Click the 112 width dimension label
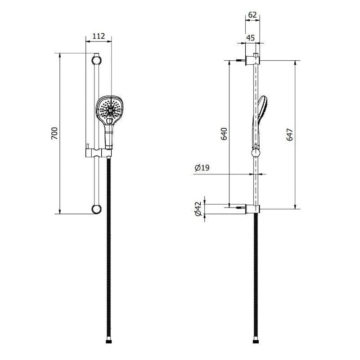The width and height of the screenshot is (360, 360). click(99, 36)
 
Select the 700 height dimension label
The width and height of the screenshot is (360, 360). click(54, 133)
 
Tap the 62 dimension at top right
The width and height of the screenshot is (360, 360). click(252, 15)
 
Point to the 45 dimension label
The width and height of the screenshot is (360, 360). click(251, 38)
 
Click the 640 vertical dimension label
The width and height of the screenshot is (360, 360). click(224, 134)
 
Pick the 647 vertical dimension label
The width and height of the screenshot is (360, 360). click(290, 135)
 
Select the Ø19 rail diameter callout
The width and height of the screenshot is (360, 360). click(202, 168)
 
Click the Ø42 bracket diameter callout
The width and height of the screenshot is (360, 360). click(198, 209)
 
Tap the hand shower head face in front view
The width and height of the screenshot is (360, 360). click(109, 108)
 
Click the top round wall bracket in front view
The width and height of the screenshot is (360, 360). click(96, 60)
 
